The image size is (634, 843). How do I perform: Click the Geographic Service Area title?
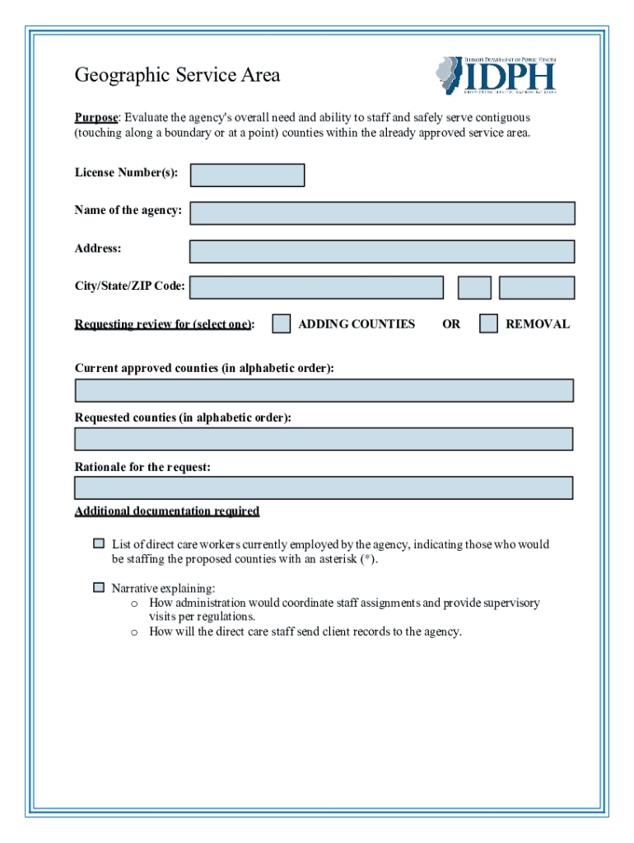(x=177, y=76)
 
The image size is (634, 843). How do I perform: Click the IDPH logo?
(x=496, y=75)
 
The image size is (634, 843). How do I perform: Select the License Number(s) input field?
(x=247, y=175)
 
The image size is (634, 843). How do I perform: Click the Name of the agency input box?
(x=382, y=213)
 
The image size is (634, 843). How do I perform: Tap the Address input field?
(x=382, y=251)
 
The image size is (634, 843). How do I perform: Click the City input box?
(x=316, y=287)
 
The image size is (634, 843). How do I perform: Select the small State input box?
(x=474, y=287)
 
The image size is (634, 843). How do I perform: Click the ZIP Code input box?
(x=536, y=287)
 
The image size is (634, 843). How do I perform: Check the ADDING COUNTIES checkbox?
(x=282, y=324)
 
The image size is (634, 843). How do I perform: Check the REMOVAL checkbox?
(x=489, y=324)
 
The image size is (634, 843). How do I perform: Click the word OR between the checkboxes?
(x=451, y=324)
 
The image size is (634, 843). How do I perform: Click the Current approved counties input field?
(x=324, y=390)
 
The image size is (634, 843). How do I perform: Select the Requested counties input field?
(x=324, y=439)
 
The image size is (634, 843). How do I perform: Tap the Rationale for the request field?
(x=324, y=487)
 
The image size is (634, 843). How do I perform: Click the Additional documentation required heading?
(x=167, y=511)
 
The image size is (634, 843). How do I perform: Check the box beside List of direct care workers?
(x=99, y=544)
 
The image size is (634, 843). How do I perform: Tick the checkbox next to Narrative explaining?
(x=99, y=588)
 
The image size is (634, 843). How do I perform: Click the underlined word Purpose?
(x=96, y=118)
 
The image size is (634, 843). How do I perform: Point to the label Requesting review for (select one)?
(x=164, y=324)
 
